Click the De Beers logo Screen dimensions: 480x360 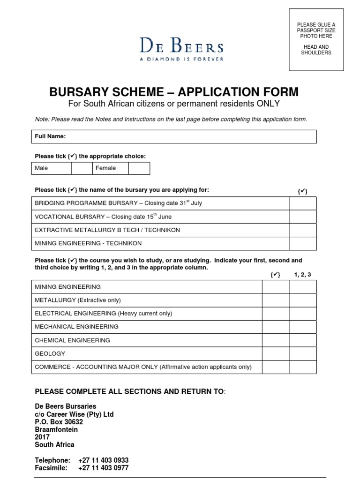click(181, 49)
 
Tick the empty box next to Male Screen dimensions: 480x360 click(82, 168)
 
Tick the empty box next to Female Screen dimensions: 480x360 click(139, 168)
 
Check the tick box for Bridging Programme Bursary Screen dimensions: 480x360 click(302, 203)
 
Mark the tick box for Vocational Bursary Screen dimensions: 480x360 click(302, 217)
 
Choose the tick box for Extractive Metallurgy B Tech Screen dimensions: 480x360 click(302, 230)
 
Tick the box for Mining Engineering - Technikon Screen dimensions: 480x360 click(302, 244)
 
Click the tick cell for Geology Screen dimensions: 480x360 click(276, 354)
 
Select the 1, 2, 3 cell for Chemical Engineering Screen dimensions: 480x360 click(302, 340)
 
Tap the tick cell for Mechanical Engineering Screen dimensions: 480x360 click(276, 327)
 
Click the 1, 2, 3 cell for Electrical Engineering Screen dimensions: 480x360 click(302, 314)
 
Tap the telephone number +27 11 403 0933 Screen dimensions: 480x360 click(103, 460)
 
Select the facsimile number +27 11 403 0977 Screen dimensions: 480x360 click(103, 468)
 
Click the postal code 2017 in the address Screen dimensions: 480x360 click(42, 437)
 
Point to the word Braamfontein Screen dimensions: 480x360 click(56, 429)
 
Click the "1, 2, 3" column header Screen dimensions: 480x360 click(302, 275)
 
